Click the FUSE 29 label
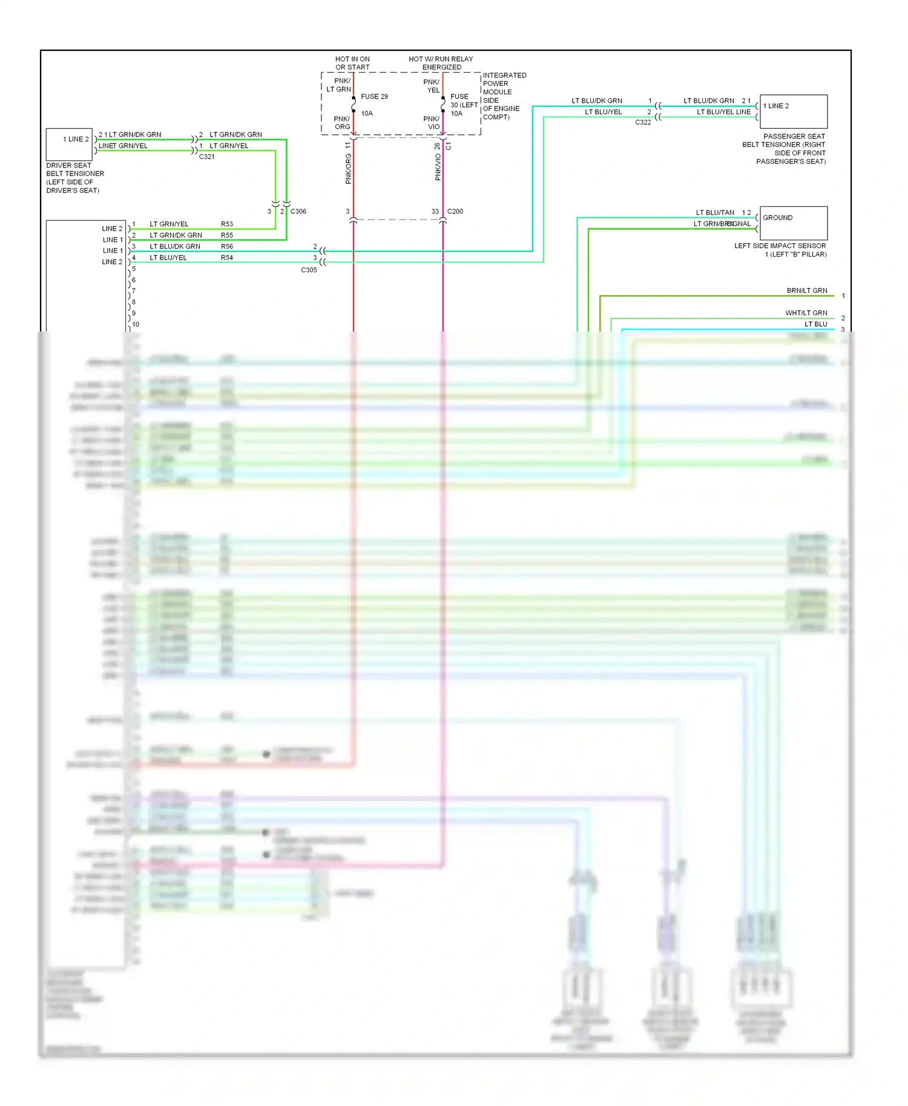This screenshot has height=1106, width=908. tap(374, 97)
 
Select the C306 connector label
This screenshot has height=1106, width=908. tap(298, 212)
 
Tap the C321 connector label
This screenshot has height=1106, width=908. tap(207, 157)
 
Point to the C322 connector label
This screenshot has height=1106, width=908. tap(643, 122)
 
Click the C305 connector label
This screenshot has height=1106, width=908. tap(309, 270)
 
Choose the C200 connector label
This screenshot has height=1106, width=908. tap(455, 212)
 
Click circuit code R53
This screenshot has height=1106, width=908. tap(227, 224)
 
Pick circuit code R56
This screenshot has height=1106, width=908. tap(227, 247)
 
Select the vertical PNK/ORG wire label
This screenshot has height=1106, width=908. tap(349, 169)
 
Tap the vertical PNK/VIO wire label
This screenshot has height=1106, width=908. tap(438, 167)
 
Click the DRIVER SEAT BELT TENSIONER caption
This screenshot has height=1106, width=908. tap(75, 178)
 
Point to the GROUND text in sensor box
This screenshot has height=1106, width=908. tap(777, 218)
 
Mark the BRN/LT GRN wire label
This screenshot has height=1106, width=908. tap(806, 291)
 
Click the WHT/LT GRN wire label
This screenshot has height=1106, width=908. tap(806, 313)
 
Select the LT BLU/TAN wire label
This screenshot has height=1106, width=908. tap(715, 213)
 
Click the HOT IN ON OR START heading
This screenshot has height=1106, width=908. tap(352, 63)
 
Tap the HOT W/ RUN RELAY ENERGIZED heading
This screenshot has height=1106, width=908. tap(441, 63)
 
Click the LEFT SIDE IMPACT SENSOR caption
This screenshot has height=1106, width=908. tap(780, 250)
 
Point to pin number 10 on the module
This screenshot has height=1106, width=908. tap(136, 325)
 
